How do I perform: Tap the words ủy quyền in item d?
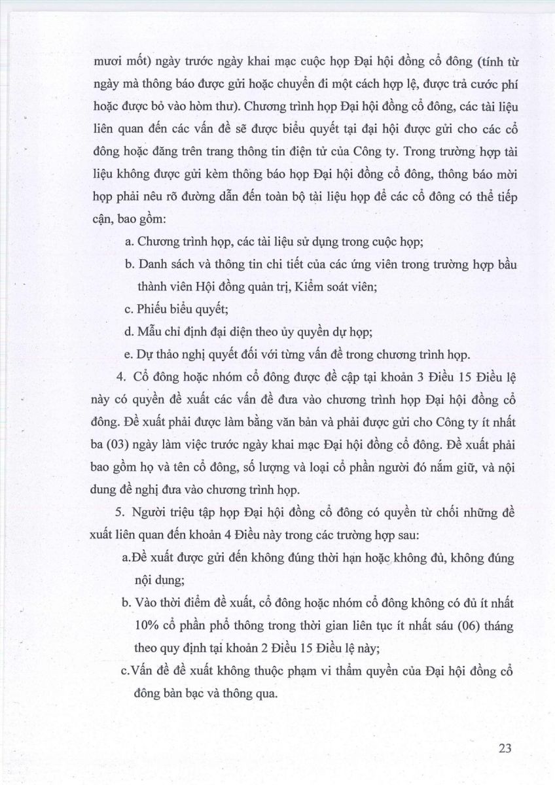[x=278, y=332]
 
